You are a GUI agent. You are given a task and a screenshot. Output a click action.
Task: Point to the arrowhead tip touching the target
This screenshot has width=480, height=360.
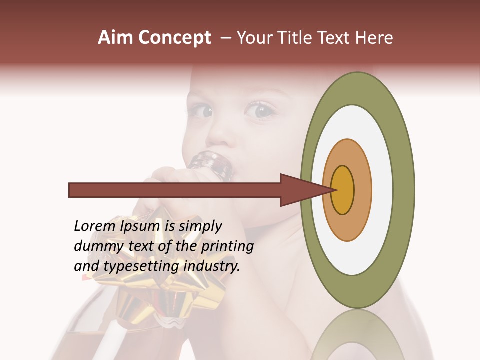(x=334, y=190)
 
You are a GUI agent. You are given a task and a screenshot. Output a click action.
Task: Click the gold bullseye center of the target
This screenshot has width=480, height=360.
(x=343, y=190)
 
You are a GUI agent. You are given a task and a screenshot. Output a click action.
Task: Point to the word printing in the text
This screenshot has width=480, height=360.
(x=227, y=247)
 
